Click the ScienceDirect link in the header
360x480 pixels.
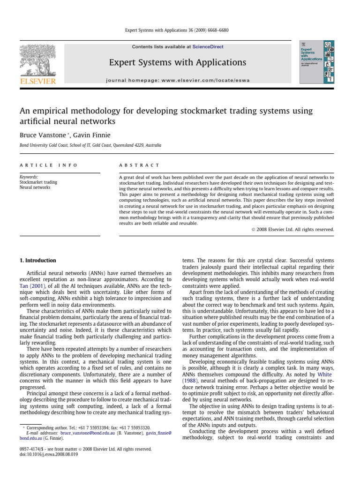(x=208, y=47)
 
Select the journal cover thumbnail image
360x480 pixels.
(x=316, y=62)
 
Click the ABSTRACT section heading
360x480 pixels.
(x=139, y=165)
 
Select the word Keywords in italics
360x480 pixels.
(x=29, y=177)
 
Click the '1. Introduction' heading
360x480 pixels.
(x=37, y=261)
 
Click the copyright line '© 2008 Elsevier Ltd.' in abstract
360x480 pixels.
(x=292, y=229)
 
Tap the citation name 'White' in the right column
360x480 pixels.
(x=324, y=375)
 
